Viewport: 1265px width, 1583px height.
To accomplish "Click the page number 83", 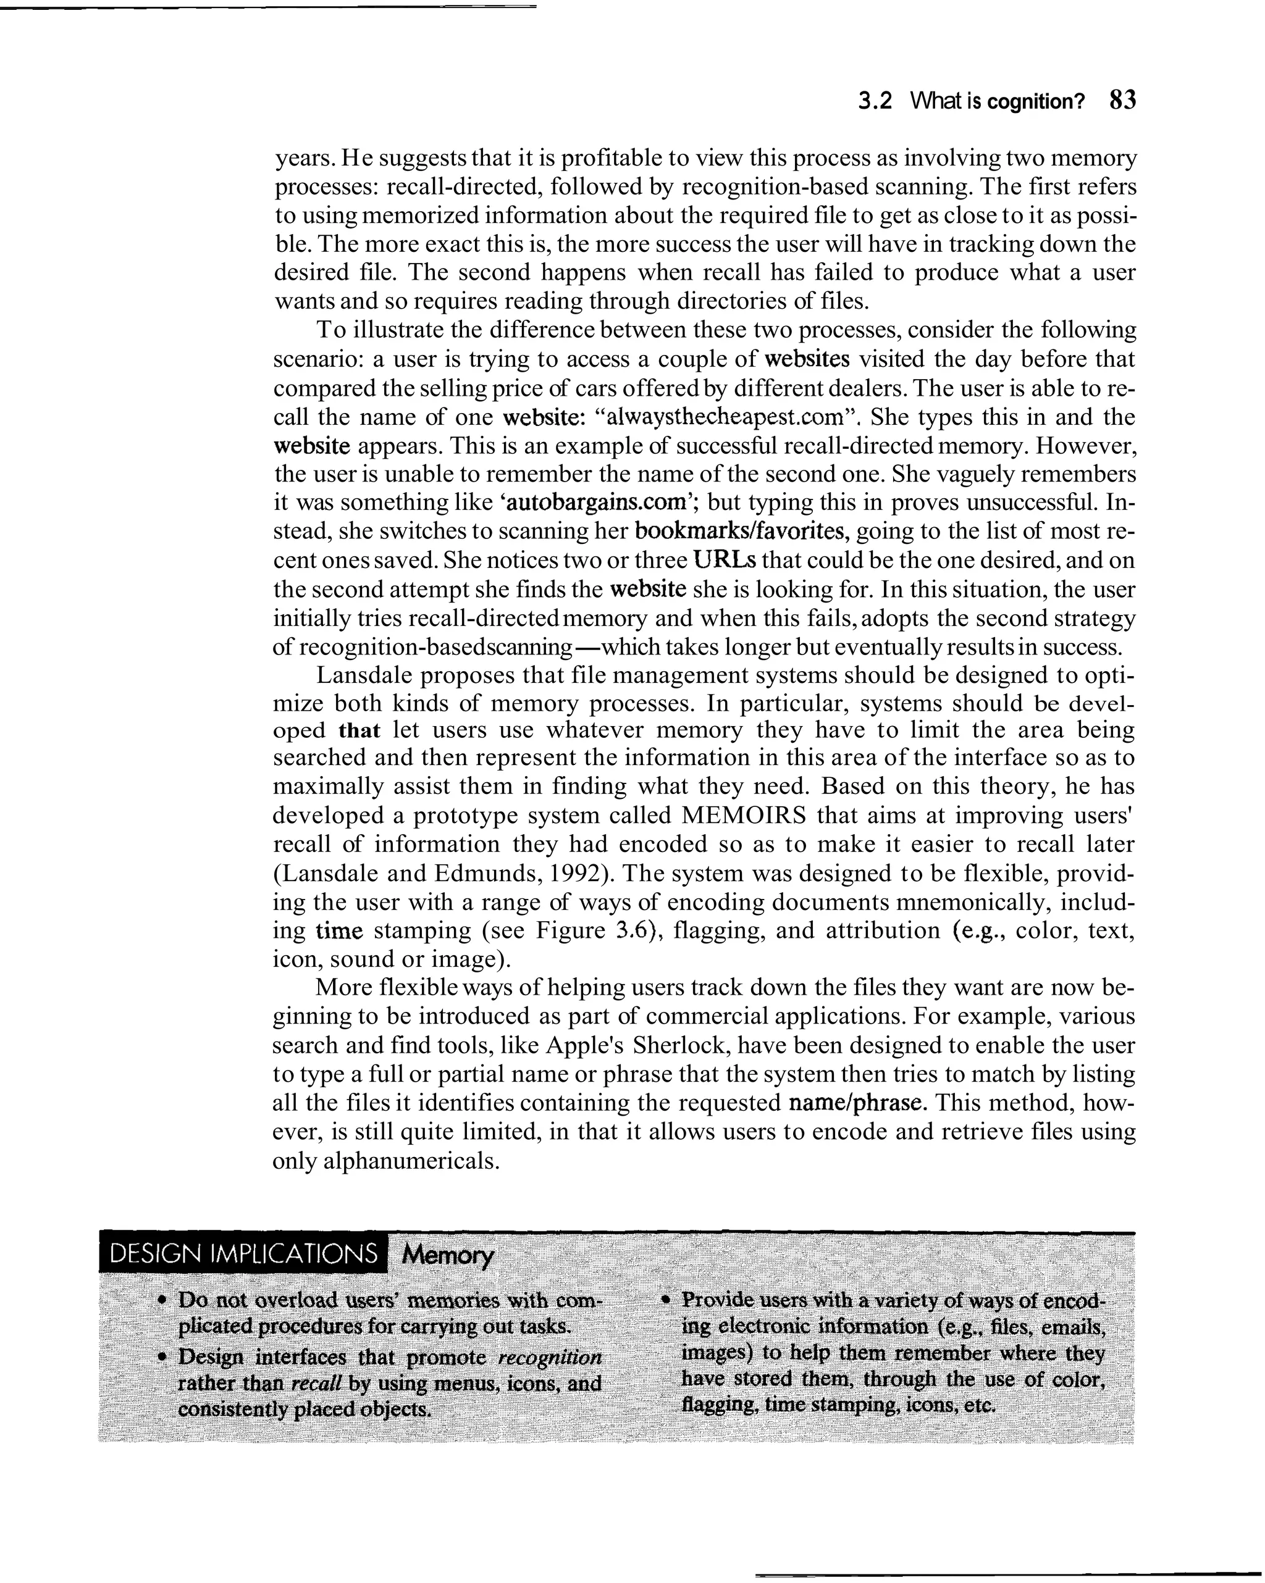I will click(1122, 100).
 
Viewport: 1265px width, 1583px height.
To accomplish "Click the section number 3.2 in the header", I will click(876, 101).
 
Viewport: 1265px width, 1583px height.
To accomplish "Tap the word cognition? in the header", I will click(1036, 101).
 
